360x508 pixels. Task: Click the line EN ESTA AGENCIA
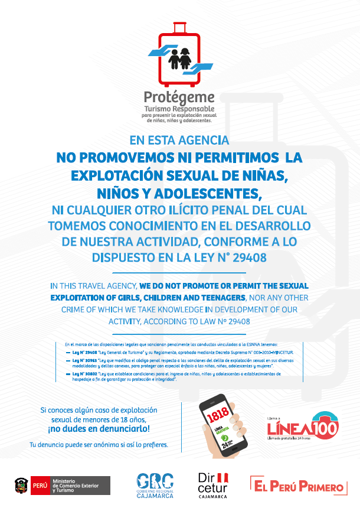(179, 141)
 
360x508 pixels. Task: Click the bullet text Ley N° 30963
(86, 360)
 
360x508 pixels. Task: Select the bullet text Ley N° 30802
(86, 373)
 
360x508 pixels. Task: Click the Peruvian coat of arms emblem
(21, 486)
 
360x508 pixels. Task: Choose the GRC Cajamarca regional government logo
(155, 486)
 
